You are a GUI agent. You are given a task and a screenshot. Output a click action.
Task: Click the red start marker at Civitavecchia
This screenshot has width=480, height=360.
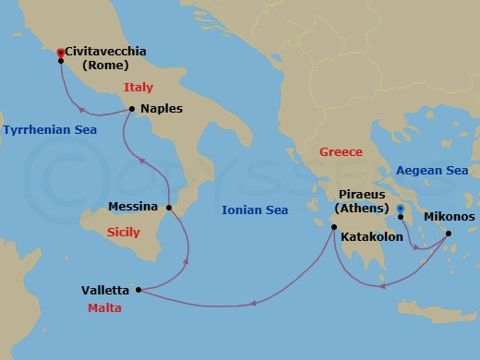(x=60, y=53)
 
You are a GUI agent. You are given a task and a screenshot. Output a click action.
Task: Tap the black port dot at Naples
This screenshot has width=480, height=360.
(x=134, y=109)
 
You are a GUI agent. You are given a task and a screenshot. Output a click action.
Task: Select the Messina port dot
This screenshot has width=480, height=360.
(x=169, y=207)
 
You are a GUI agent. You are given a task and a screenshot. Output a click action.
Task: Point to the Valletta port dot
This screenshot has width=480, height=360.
(x=138, y=290)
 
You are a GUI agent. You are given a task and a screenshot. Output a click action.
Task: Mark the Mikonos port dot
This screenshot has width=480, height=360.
(x=449, y=234)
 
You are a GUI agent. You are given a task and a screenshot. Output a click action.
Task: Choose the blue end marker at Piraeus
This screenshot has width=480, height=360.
(x=400, y=209)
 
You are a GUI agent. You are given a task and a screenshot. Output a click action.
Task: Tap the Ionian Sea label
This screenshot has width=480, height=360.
(x=255, y=210)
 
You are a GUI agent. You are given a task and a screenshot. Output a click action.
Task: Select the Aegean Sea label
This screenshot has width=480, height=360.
(x=431, y=171)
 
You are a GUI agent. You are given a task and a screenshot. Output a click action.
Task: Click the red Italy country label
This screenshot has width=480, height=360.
(x=138, y=87)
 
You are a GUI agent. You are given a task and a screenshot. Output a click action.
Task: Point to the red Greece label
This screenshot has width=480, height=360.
(x=341, y=151)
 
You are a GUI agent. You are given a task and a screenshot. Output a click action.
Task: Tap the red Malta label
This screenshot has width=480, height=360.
(x=105, y=308)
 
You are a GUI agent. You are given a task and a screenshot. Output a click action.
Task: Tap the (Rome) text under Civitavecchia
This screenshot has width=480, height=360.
(x=104, y=66)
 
